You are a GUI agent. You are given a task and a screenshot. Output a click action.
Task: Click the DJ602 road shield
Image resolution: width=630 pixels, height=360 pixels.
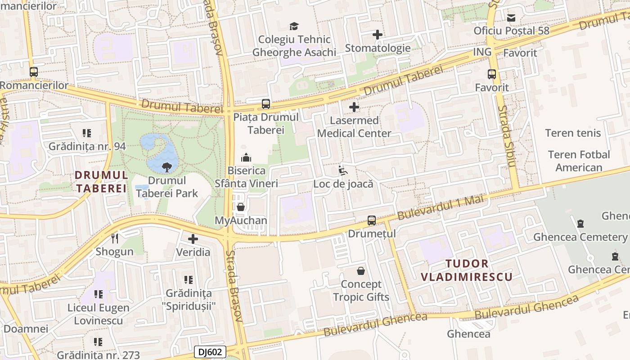[210, 352]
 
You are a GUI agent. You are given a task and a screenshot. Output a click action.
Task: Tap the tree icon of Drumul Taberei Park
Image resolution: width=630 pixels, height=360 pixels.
[167, 167]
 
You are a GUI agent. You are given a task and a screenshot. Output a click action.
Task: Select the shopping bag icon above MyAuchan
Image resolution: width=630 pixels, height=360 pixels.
[241, 207]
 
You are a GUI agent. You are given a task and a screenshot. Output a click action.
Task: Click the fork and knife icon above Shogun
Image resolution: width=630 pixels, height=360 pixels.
[115, 238]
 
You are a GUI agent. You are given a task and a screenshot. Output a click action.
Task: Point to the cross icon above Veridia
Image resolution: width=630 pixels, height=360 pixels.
[193, 238]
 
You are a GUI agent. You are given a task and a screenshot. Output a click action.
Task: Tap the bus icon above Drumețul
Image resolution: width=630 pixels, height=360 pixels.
[372, 220]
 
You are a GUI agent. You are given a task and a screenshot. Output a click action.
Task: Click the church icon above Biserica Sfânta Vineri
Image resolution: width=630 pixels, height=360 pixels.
[246, 157]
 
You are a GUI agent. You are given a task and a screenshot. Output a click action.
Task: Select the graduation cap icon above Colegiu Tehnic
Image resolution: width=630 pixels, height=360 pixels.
[294, 26]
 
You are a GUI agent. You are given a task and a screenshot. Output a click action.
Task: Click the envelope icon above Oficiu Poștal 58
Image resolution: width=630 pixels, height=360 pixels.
[511, 18]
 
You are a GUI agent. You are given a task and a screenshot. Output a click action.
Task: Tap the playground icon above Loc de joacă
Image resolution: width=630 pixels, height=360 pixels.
[343, 171]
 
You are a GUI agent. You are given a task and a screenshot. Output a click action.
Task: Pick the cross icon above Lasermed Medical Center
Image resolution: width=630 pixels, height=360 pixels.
[354, 107]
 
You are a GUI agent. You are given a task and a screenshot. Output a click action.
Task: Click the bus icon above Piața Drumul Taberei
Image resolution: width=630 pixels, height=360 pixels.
[266, 104]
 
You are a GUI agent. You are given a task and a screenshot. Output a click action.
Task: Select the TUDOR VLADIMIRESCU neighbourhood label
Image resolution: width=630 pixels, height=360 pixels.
[467, 270]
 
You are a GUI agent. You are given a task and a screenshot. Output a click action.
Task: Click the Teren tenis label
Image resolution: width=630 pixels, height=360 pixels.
[573, 133]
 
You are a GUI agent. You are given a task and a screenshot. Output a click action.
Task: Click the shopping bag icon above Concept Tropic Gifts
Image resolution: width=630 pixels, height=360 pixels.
[361, 271]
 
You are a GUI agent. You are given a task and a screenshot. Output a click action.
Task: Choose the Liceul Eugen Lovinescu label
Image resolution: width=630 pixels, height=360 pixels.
[99, 314]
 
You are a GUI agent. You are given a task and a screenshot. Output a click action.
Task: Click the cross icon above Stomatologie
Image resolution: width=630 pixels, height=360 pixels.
[378, 35]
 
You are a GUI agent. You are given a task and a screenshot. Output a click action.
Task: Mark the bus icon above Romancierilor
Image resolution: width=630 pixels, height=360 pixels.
[34, 72]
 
